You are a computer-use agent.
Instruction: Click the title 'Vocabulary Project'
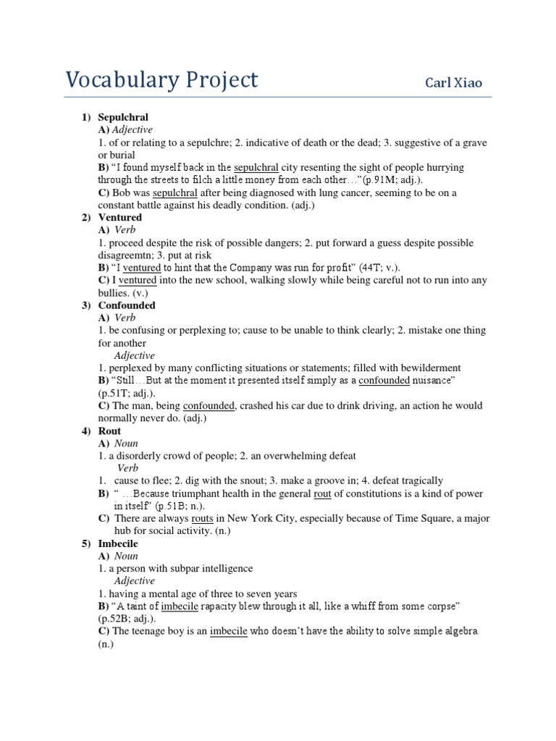[161, 80]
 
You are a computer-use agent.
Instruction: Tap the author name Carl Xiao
[458, 82]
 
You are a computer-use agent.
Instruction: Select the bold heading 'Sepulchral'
[123, 117]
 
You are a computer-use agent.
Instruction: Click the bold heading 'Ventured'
[120, 218]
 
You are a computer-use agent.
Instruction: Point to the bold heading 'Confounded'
[127, 305]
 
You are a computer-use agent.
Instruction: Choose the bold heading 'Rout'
[109, 431]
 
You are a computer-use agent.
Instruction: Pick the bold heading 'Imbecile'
[118, 543]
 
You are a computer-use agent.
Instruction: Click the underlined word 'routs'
[202, 519]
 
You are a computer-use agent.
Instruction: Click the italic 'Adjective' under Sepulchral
[132, 130]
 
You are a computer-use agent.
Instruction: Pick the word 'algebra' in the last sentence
[460, 631]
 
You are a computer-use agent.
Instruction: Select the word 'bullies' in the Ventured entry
[119, 293]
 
